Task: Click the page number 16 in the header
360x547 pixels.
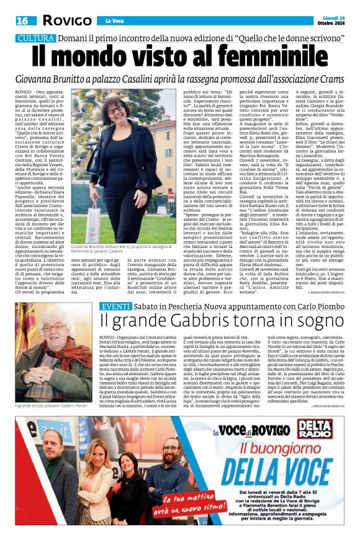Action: [22, 20]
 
